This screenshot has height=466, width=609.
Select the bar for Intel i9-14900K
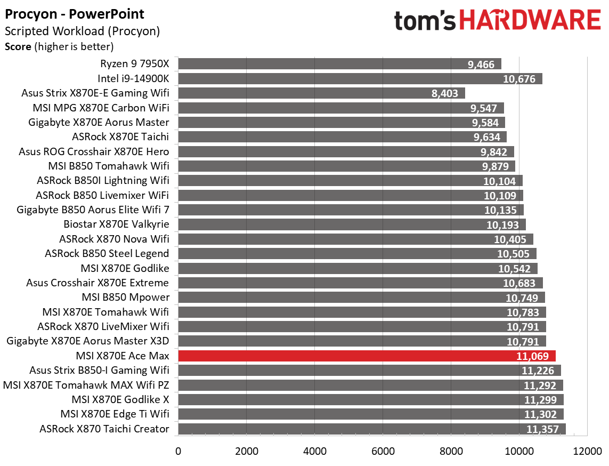[360, 79]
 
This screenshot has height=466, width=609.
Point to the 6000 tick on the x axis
[383, 451]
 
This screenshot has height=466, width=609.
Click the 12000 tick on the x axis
[587, 451]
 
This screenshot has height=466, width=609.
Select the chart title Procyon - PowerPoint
[74, 14]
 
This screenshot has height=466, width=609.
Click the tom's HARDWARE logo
[497, 21]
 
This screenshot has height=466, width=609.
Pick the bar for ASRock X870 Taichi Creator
[371, 429]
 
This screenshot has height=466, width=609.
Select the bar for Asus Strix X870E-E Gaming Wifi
[321, 93]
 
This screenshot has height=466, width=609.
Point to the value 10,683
[522, 283]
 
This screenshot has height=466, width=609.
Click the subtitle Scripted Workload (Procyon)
[82, 31]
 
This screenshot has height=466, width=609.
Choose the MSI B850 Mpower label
[125, 298]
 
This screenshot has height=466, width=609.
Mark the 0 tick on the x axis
[178, 451]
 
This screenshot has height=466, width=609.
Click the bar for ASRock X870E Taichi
[342, 137]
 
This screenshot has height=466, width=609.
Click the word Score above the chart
[18, 47]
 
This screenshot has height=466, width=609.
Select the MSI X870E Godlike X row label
[120, 400]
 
